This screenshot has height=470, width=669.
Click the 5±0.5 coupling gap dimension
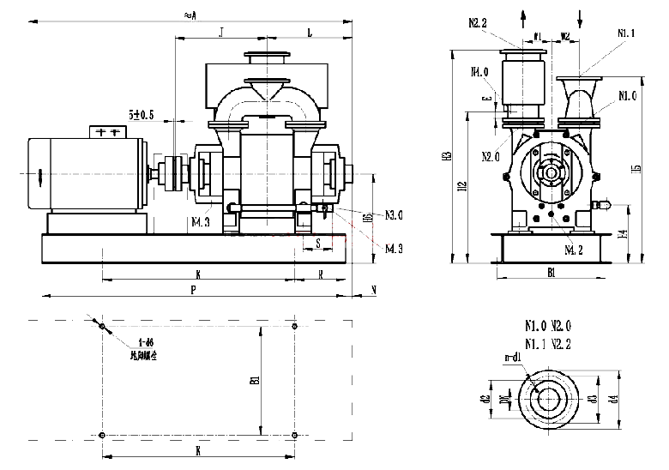(x=142, y=114)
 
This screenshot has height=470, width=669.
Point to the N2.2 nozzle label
(x=478, y=23)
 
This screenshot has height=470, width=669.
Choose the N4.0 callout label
(x=479, y=72)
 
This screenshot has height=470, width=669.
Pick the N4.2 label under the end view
(x=574, y=250)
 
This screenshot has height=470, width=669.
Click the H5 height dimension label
(x=636, y=168)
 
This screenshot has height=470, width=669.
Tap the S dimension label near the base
(x=317, y=244)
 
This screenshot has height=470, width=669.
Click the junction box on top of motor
(x=108, y=132)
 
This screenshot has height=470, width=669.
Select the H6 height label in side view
(x=368, y=219)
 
